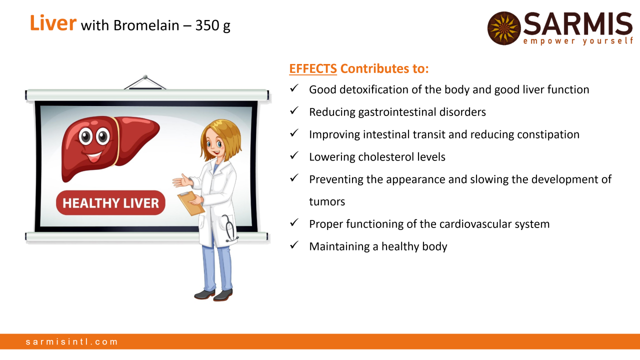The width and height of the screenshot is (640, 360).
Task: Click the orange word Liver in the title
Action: coord(53,23)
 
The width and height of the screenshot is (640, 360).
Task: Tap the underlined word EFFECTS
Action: coord(313,68)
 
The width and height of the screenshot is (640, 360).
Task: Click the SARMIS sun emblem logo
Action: coord(504,28)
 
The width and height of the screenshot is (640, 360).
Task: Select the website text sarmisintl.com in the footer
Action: coord(71,341)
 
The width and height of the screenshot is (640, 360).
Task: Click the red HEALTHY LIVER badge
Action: coord(110,203)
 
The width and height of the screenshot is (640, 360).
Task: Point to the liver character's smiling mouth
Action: coord(94,156)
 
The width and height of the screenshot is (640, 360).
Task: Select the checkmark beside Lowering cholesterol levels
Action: coord(294,155)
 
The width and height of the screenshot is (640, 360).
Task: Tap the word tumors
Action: coord(327,201)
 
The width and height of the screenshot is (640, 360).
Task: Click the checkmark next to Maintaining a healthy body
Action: coord(294,245)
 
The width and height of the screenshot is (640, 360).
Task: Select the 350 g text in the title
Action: coord(213,25)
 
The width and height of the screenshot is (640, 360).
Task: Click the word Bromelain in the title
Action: coord(146,25)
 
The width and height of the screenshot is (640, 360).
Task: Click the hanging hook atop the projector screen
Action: coord(145,82)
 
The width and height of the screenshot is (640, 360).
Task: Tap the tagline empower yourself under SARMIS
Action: coord(578,41)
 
